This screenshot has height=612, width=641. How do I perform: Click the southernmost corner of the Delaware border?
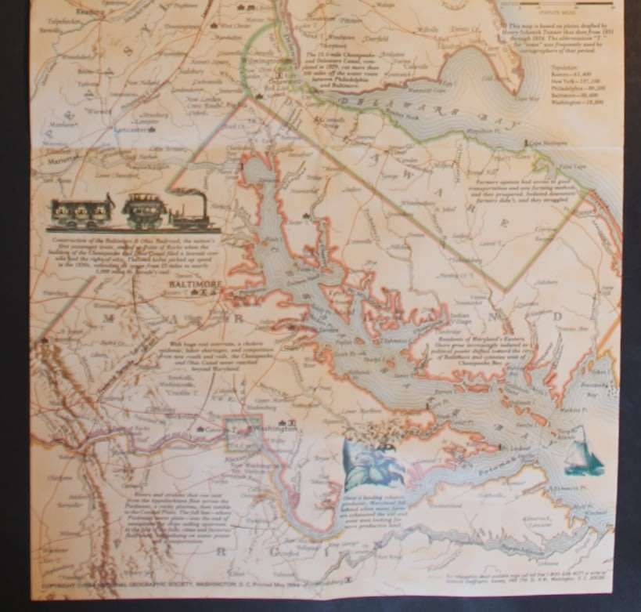click(507, 291)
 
